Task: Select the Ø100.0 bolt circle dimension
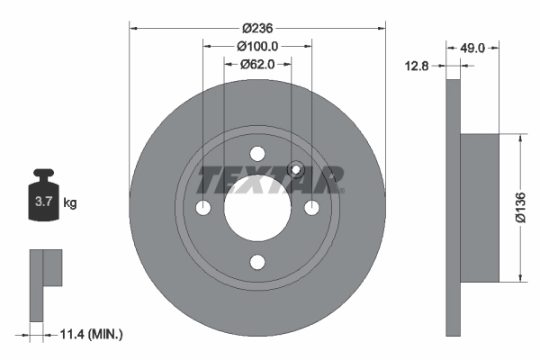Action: [x=257, y=45]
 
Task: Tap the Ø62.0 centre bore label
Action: [x=257, y=64]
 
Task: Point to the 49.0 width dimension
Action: [x=474, y=47]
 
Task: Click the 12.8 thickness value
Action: [x=418, y=65]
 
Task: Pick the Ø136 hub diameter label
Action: [x=519, y=207]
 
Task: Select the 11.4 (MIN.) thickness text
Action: [x=90, y=334]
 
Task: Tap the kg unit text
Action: [x=70, y=203]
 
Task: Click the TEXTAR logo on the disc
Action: [x=270, y=179]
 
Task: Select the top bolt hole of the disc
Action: [x=257, y=153]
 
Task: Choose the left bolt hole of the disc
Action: [x=202, y=208]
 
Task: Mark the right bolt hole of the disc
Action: [x=312, y=208]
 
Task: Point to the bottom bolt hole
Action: [x=257, y=263]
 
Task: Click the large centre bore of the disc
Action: [x=257, y=208]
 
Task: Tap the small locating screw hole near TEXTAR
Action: [x=293, y=168]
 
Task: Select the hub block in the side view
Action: [x=480, y=208]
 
